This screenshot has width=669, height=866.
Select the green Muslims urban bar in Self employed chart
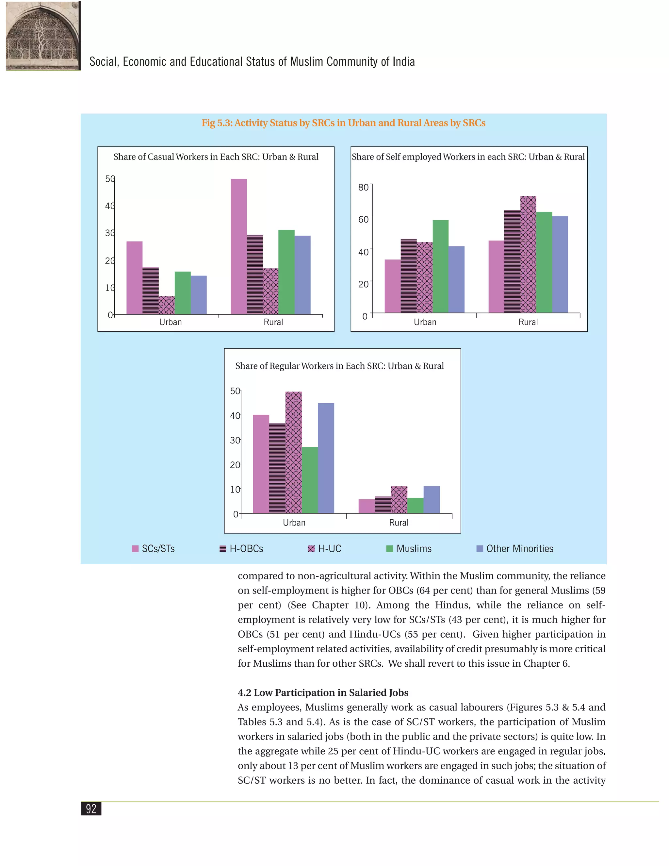coord(441,266)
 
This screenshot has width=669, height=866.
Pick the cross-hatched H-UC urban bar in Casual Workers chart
coord(167,305)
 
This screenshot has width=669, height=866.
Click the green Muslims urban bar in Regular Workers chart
coord(310,480)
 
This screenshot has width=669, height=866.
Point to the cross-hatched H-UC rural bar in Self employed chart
coord(528,255)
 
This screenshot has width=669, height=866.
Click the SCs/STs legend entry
coord(154,549)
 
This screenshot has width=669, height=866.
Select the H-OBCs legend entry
coord(241,549)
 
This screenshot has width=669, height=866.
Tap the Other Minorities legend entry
coord(515,549)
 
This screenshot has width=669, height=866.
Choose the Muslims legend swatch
coord(390,549)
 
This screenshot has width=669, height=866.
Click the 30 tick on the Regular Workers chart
coord(235,441)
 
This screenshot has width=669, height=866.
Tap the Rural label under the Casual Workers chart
coord(273,322)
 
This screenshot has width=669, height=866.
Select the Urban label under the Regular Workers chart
coord(294,523)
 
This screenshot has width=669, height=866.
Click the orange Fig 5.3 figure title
coord(343,123)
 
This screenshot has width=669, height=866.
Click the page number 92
coord(91,808)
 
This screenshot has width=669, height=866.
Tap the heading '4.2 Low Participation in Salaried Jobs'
coord(323,693)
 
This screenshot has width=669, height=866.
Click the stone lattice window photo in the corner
coord(43,36)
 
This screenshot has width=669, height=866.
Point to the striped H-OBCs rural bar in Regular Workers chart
coord(383,505)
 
